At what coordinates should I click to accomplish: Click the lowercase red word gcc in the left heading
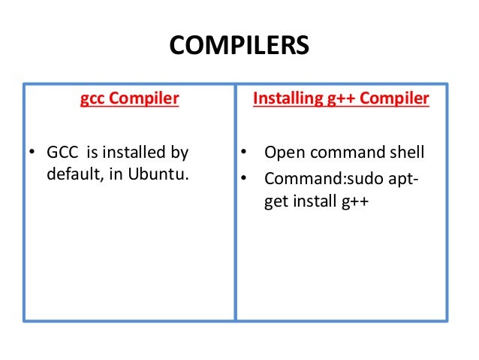click(92, 98)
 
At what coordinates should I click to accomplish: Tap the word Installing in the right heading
click(283, 98)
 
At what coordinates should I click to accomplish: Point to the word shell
click(405, 153)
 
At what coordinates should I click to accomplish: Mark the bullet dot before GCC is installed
click(32, 154)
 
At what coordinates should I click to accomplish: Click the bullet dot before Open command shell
click(243, 154)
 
